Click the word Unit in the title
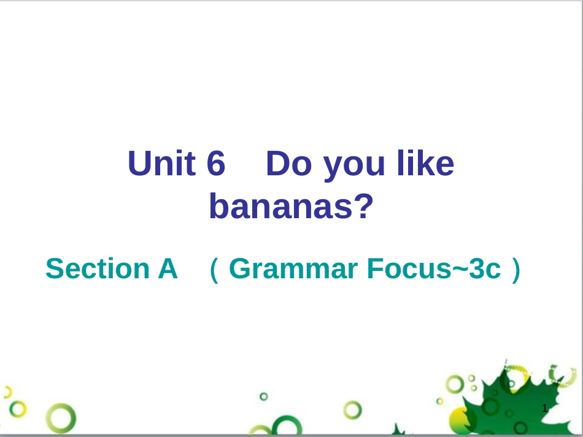point(162,163)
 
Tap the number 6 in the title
point(216,163)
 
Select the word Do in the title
point(289,163)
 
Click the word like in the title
point(425,163)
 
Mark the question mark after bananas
point(364,205)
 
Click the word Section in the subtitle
point(98,268)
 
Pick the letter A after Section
point(168,268)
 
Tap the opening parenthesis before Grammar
point(214,270)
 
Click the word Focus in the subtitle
point(409,268)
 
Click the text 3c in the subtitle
point(485,268)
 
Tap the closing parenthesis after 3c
point(516,270)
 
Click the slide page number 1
point(545,408)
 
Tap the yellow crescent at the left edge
point(8,392)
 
